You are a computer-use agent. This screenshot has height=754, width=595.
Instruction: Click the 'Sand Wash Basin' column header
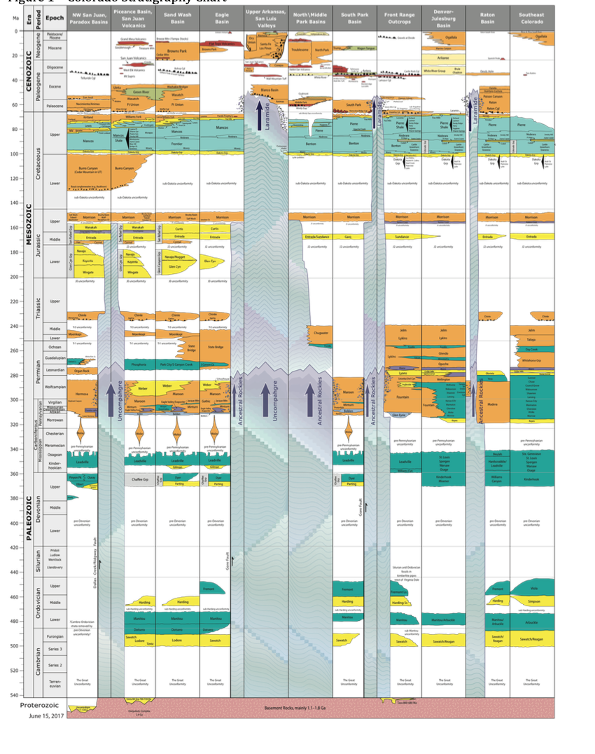pos(177,18)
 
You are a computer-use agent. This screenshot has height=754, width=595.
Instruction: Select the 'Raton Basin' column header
pos(487,18)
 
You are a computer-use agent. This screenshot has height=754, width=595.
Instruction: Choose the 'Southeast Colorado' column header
pos(531,18)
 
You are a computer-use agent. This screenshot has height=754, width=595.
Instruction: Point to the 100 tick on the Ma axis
pos(14,153)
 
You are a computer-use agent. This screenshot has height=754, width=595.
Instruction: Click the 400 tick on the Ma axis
pos(14,523)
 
